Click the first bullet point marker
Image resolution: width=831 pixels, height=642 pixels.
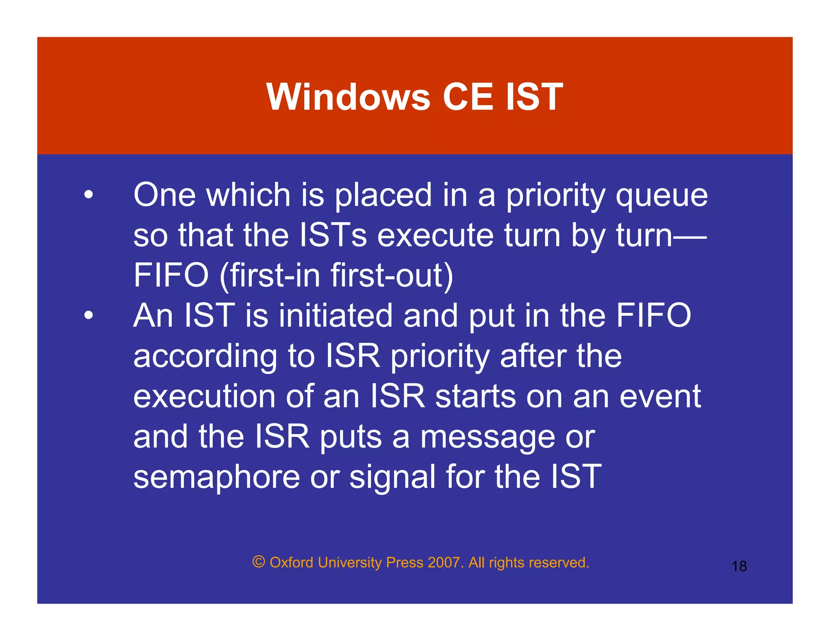(x=88, y=195)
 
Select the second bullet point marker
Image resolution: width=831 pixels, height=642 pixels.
(x=88, y=315)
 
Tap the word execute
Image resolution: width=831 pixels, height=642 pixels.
(x=435, y=235)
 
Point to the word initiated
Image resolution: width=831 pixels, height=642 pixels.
(x=336, y=315)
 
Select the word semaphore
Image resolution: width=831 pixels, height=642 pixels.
(x=216, y=477)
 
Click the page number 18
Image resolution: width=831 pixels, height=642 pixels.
(x=739, y=566)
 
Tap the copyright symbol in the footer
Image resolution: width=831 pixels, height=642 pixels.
(x=258, y=562)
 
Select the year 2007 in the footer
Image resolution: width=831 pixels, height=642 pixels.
(x=443, y=562)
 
